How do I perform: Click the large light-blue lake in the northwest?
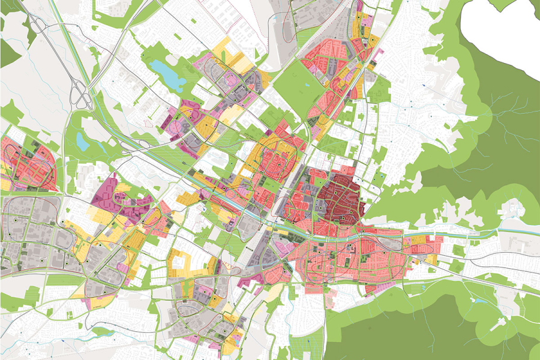coord(164,71)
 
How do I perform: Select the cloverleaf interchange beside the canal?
coord(80,97)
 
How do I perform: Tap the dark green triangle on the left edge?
coord(8,54)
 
